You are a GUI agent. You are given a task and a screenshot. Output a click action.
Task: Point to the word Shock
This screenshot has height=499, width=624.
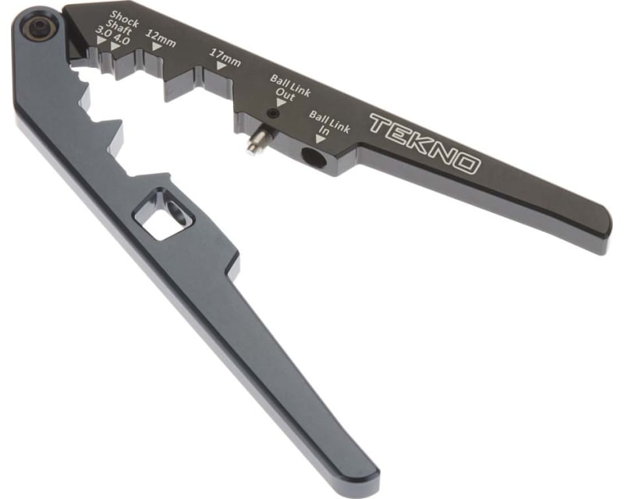coord(125,15)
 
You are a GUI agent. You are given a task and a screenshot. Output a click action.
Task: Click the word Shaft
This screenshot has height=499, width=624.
coord(123,25)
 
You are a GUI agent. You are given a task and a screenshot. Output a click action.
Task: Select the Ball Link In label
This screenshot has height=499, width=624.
coord(328,123)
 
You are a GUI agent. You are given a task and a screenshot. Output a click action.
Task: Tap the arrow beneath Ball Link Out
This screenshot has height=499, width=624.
coord(281,102)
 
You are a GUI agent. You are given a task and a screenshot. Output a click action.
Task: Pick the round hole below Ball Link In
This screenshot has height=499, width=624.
coord(314,158)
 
